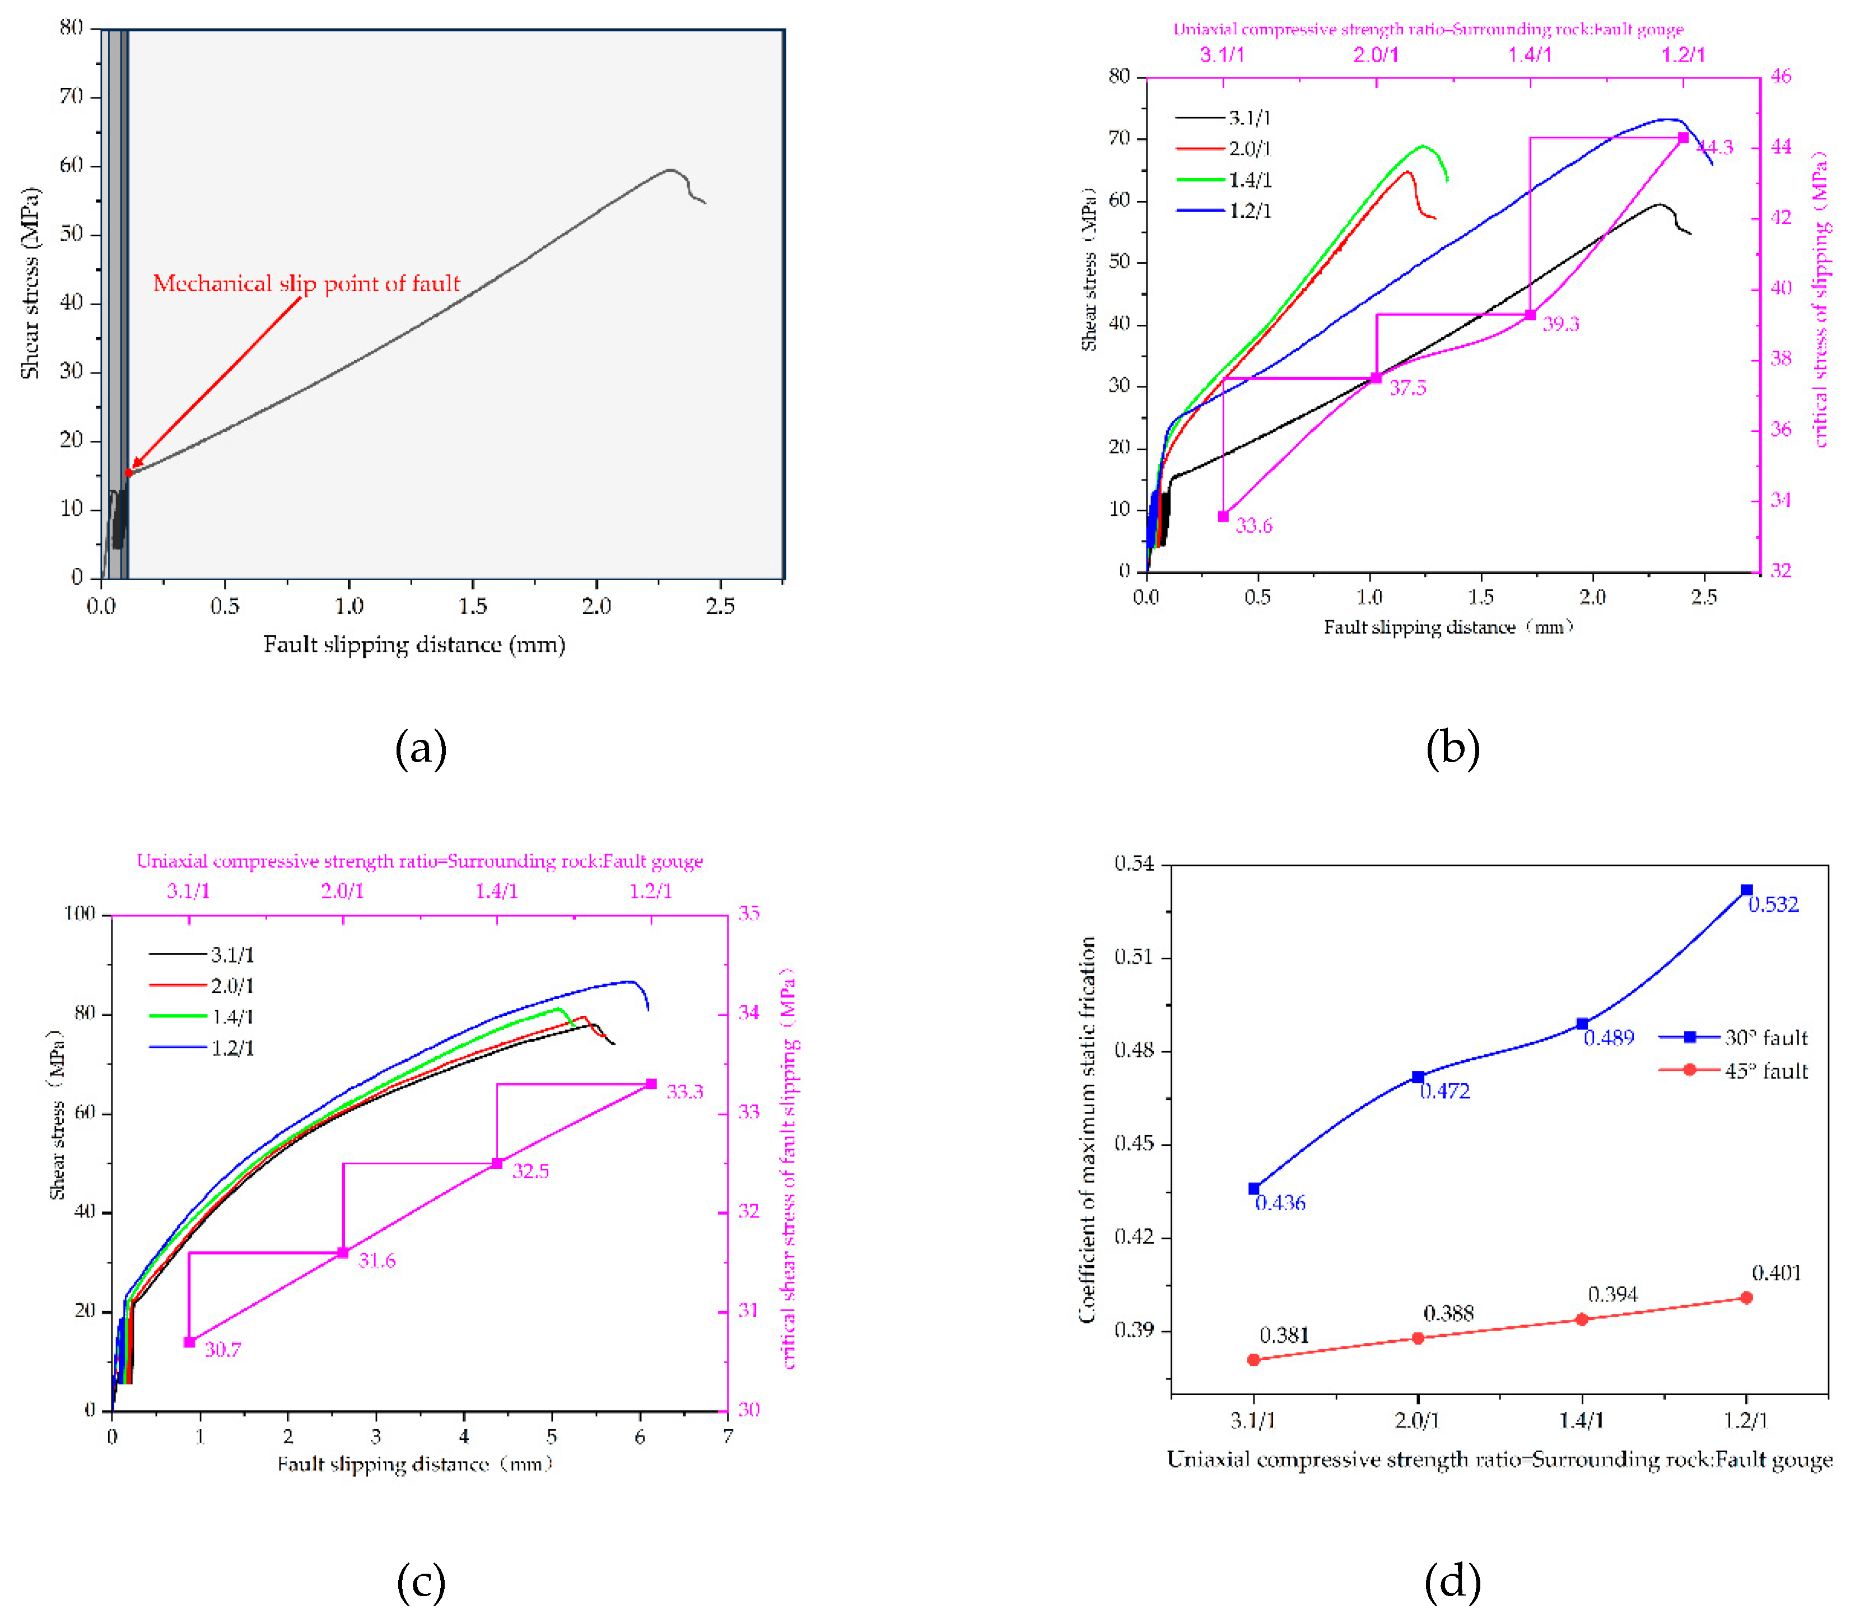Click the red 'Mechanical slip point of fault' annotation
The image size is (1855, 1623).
pyautogui.click(x=306, y=283)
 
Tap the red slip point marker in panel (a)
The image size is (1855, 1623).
pyautogui.click(x=129, y=472)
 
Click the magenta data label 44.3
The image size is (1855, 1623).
pyautogui.click(x=1714, y=148)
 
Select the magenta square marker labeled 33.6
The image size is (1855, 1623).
pyautogui.click(x=1223, y=516)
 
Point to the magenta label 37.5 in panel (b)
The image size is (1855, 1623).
pyautogui.click(x=1407, y=388)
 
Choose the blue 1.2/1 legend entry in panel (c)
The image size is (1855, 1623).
pyautogui.click(x=232, y=1048)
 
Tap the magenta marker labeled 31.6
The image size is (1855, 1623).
pyautogui.click(x=342, y=1253)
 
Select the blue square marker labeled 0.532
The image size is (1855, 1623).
pyautogui.click(x=1746, y=890)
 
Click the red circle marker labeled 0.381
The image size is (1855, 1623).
pyautogui.click(x=1253, y=1359)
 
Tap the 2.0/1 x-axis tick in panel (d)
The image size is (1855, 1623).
pyautogui.click(x=1418, y=1420)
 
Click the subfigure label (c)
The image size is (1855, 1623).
pyautogui.click(x=421, y=1582)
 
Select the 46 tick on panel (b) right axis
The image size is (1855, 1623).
pyautogui.click(x=1780, y=76)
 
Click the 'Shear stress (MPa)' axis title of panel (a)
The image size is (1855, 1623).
pyautogui.click(x=31, y=283)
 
